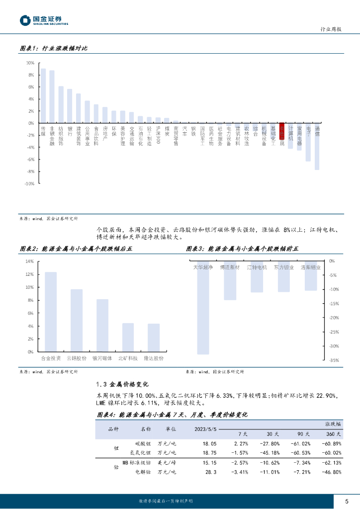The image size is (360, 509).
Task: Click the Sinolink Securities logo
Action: (44, 20)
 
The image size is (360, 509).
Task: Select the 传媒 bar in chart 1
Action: (43, 95)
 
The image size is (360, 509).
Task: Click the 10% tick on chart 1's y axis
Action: (30, 63)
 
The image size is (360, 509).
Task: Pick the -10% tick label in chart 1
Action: (29, 183)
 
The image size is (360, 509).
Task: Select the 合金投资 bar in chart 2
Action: (51, 312)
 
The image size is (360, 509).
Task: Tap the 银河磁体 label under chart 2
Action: (102, 358)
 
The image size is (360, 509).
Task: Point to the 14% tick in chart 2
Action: (29, 261)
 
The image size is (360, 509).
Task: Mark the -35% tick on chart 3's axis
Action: (333, 360)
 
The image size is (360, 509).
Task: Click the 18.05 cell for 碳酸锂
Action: (210, 443)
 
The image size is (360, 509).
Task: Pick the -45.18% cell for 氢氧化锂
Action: (269, 453)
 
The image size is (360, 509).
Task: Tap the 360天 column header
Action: (333, 433)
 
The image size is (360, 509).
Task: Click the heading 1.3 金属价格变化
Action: (121, 384)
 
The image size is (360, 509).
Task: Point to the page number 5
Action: (347, 501)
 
